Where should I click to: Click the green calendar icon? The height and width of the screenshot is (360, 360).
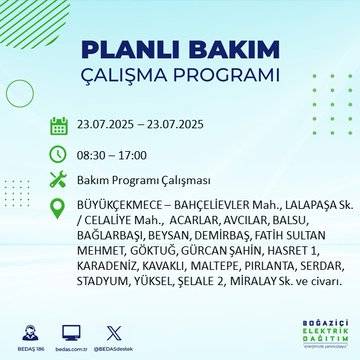(x=59, y=126)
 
